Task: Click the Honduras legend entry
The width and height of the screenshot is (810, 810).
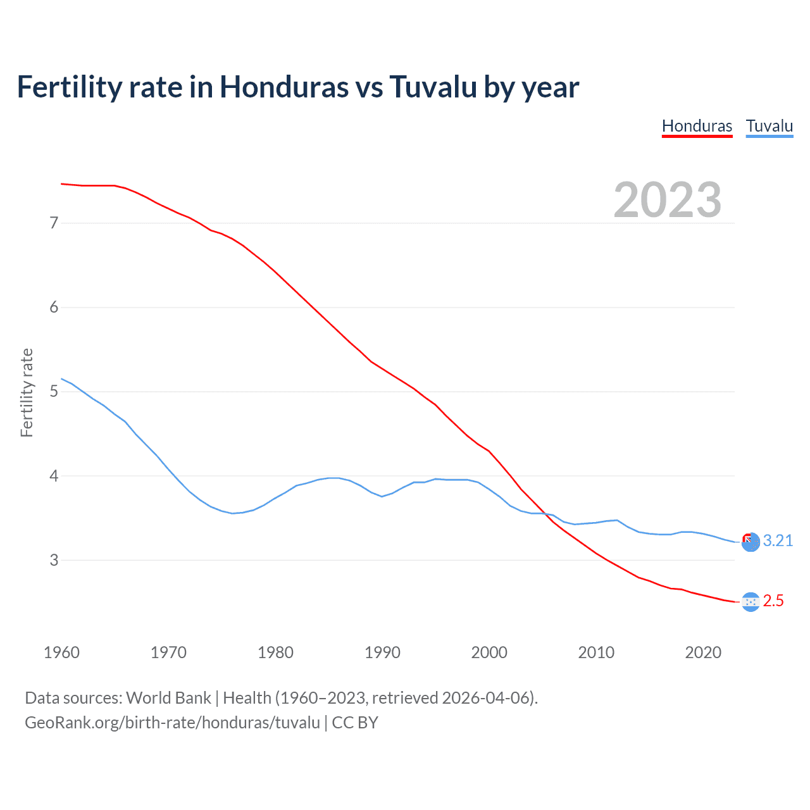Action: [x=697, y=126]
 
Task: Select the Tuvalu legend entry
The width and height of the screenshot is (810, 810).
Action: [x=769, y=126]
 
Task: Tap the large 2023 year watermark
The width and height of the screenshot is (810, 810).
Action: [x=667, y=200]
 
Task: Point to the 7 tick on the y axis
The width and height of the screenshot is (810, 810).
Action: [x=54, y=223]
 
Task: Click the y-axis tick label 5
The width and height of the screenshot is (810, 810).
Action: [x=54, y=392]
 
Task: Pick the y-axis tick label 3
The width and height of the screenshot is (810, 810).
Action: [x=54, y=560]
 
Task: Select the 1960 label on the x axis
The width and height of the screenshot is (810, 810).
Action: [x=61, y=652]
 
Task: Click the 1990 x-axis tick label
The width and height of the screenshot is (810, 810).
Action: [x=382, y=652]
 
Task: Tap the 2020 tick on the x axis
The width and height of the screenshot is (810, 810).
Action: [x=703, y=652]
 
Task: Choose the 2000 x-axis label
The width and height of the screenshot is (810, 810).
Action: [x=489, y=652]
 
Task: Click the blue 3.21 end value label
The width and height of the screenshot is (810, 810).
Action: [x=778, y=541]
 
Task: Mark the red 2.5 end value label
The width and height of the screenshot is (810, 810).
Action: [x=773, y=601]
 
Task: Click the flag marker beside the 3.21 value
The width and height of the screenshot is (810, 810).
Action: [x=751, y=542]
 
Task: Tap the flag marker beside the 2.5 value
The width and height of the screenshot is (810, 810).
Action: [x=751, y=602]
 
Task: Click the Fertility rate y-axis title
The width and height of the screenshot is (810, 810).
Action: [x=27, y=392]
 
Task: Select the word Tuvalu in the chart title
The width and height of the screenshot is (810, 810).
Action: [x=433, y=87]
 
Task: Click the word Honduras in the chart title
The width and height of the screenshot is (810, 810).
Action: [x=284, y=87]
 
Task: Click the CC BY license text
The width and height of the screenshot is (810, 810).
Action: [x=355, y=723]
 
